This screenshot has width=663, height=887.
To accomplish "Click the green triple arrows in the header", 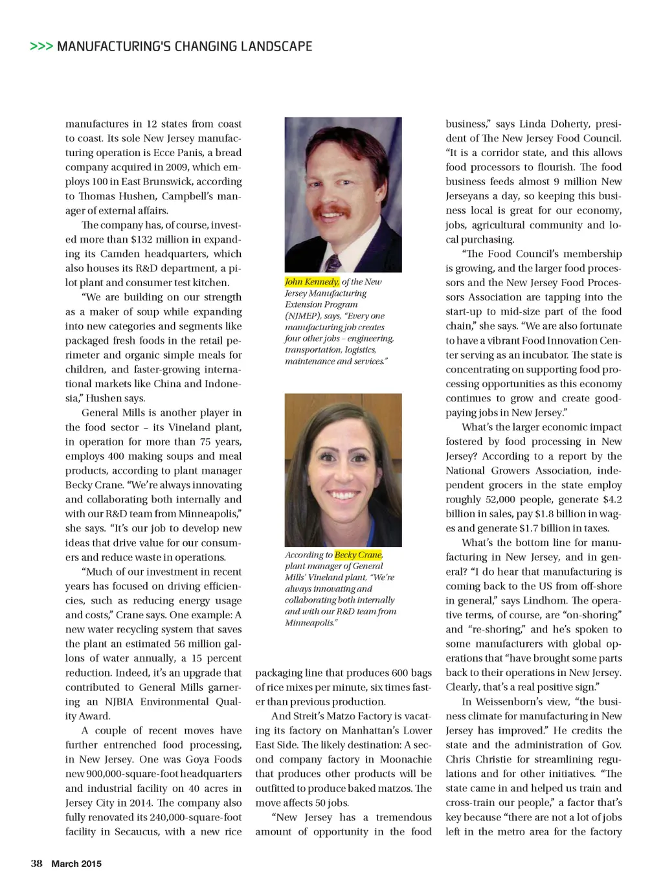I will point(41,47).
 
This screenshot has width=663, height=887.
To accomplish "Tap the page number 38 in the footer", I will point(36,863).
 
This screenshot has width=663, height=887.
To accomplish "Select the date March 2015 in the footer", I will point(76,864).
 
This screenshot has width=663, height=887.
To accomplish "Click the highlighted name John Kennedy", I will point(311,282).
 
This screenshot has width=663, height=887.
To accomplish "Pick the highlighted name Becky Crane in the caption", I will point(358,555).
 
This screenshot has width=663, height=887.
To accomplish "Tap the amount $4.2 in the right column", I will point(612,499).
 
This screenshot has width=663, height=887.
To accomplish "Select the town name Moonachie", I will point(406,759).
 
